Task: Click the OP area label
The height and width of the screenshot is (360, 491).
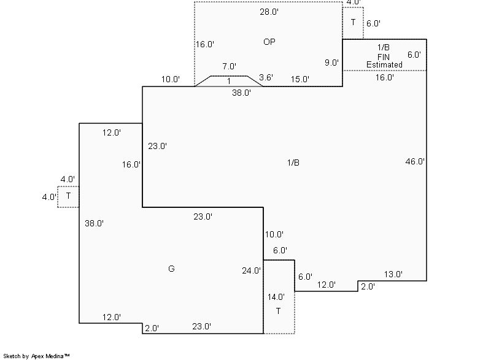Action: pos(269,42)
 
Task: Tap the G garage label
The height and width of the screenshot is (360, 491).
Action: pos(171,269)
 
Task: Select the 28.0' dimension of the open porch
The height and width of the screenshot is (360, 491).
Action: pos(269,12)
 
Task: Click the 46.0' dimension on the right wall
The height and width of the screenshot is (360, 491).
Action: pos(415,161)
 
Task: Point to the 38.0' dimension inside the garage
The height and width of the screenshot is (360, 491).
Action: pos(95,223)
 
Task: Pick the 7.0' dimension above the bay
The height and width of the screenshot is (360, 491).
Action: pos(230,66)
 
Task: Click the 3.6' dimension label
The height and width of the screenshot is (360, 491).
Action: pos(266,77)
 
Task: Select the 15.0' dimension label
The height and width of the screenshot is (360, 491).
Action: pos(300,79)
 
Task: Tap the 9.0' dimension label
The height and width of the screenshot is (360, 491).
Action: pos(331,63)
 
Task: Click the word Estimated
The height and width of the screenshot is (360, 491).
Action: pos(384,65)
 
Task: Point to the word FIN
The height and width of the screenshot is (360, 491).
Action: pos(384,57)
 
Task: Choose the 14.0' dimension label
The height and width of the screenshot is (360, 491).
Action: pos(276,297)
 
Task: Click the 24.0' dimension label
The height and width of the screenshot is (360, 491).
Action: pos(252,270)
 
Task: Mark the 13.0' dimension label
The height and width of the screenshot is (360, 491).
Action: pos(393,274)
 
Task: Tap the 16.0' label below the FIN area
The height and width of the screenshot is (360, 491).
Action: pos(385,77)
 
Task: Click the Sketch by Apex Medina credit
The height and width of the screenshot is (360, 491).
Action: pos(37,356)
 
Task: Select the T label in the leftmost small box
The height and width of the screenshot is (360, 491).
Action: pos(68,196)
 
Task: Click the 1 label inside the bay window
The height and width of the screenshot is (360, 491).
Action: pos(229,81)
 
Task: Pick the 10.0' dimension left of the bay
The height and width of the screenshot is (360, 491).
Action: pos(171,79)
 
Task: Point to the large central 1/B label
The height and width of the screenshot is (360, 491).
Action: pos(293,163)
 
